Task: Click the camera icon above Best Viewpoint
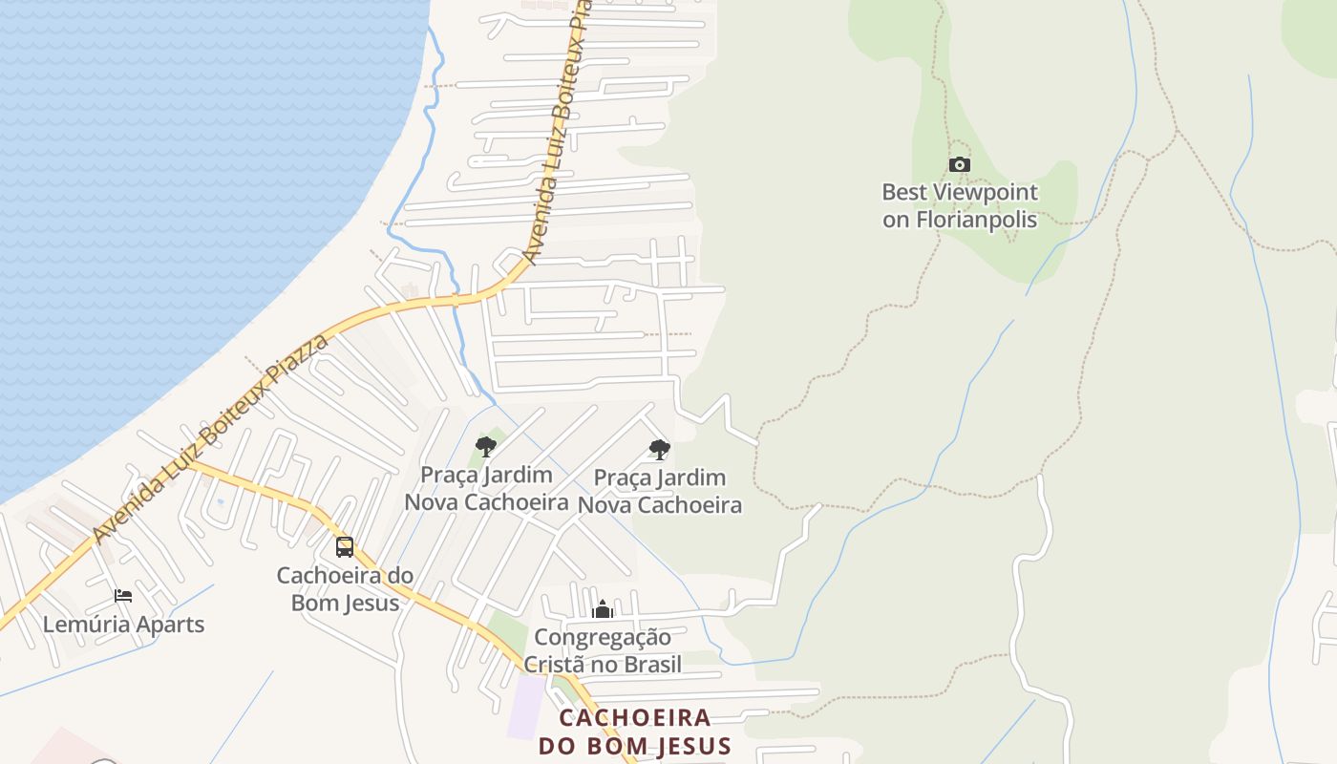coord(960,165)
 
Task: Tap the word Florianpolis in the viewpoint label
coord(987,219)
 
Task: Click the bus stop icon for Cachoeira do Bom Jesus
coord(345,547)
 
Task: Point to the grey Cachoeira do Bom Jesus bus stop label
coord(345,589)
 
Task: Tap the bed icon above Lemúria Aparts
coord(123,596)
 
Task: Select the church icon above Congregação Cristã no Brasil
coord(603,609)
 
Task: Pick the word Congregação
coord(603,637)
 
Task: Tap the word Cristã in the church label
coord(561,665)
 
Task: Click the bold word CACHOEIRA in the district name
coord(635,717)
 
